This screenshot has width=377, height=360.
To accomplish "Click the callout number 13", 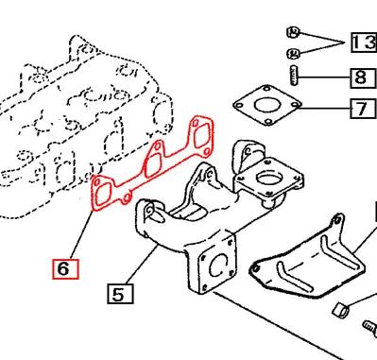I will pyautogui.click(x=364, y=42).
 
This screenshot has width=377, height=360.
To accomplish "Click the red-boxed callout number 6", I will pyautogui.click(x=63, y=269).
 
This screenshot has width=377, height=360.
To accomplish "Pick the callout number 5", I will pyautogui.click(x=117, y=294).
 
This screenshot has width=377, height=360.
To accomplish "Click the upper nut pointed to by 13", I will pyautogui.click(x=292, y=33).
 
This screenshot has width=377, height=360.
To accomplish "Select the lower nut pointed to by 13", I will pyautogui.click(x=293, y=51).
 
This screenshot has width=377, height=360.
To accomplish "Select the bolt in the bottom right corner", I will pyautogui.click(x=368, y=330).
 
